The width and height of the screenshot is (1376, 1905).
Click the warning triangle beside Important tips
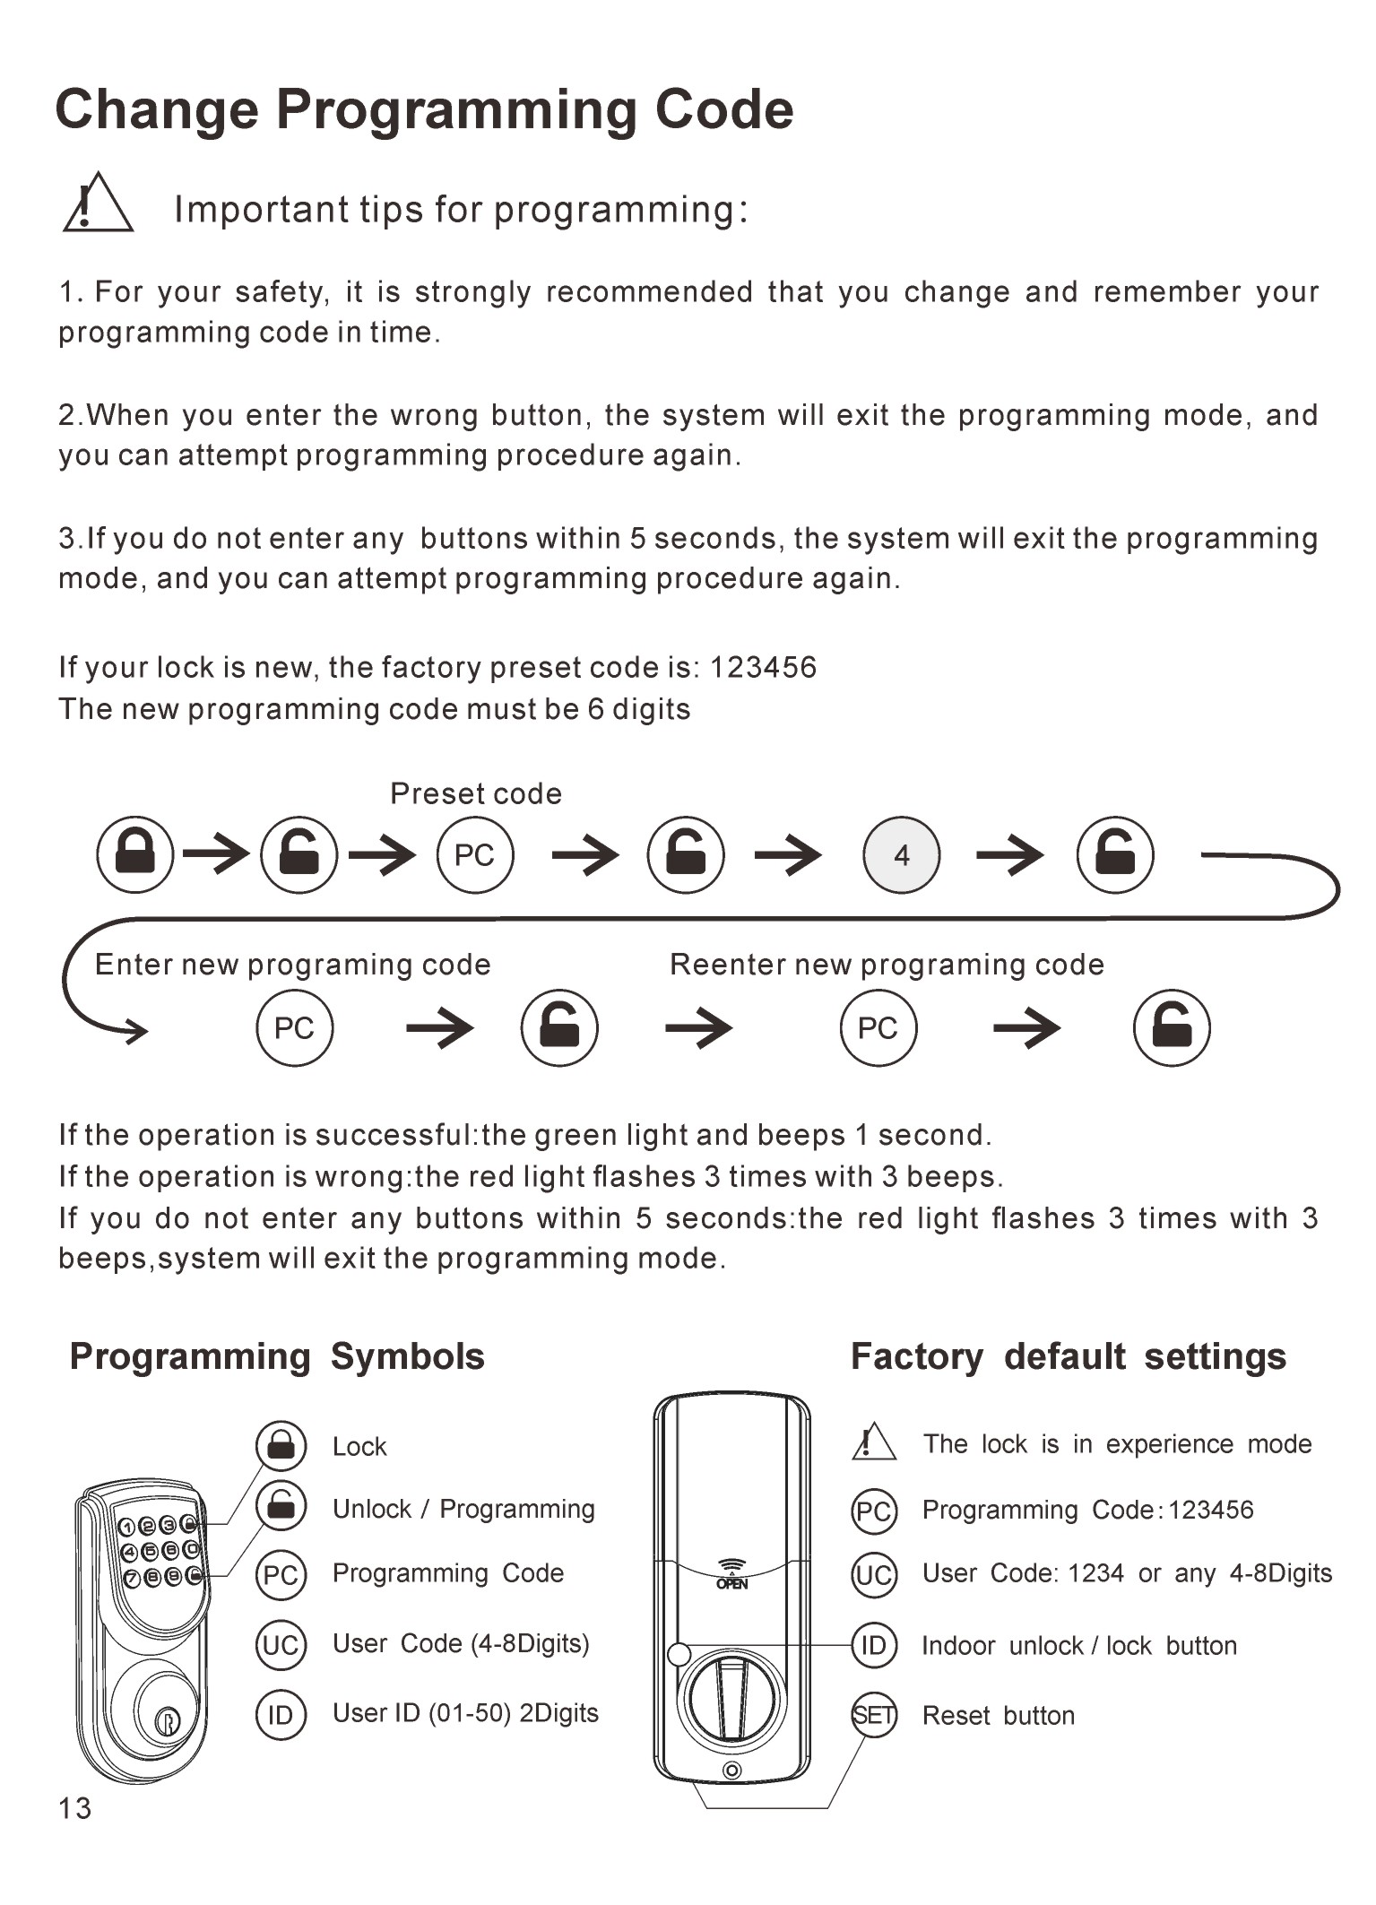[x=98, y=203]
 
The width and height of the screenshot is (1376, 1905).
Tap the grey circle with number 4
[x=901, y=855]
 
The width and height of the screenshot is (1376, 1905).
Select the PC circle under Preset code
[x=475, y=855]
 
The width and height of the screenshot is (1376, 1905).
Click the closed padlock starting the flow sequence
[x=135, y=854]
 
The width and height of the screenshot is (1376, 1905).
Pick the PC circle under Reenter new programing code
[x=878, y=1027]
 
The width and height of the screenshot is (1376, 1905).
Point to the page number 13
[x=75, y=1808]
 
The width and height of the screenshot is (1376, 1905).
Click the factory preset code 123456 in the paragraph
[x=763, y=667]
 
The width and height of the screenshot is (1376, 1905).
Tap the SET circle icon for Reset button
[x=874, y=1715]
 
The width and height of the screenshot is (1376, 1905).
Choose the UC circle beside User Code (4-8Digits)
[x=281, y=1644]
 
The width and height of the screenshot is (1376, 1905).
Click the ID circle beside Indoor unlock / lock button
[x=874, y=1645]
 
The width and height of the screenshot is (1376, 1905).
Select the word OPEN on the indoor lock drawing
[x=732, y=1584]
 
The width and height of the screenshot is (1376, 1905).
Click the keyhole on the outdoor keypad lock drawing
[x=167, y=1722]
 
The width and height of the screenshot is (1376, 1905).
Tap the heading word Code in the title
[x=724, y=109]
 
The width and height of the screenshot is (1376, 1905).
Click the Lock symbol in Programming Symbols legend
[x=281, y=1445]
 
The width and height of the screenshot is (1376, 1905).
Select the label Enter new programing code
[x=293, y=965]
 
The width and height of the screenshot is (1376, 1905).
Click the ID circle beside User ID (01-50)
[x=281, y=1714]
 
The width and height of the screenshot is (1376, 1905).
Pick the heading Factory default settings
[x=1069, y=1356]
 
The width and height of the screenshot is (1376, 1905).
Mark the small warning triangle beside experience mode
[x=873, y=1442]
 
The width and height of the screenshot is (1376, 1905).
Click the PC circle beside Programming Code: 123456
[x=874, y=1511]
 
